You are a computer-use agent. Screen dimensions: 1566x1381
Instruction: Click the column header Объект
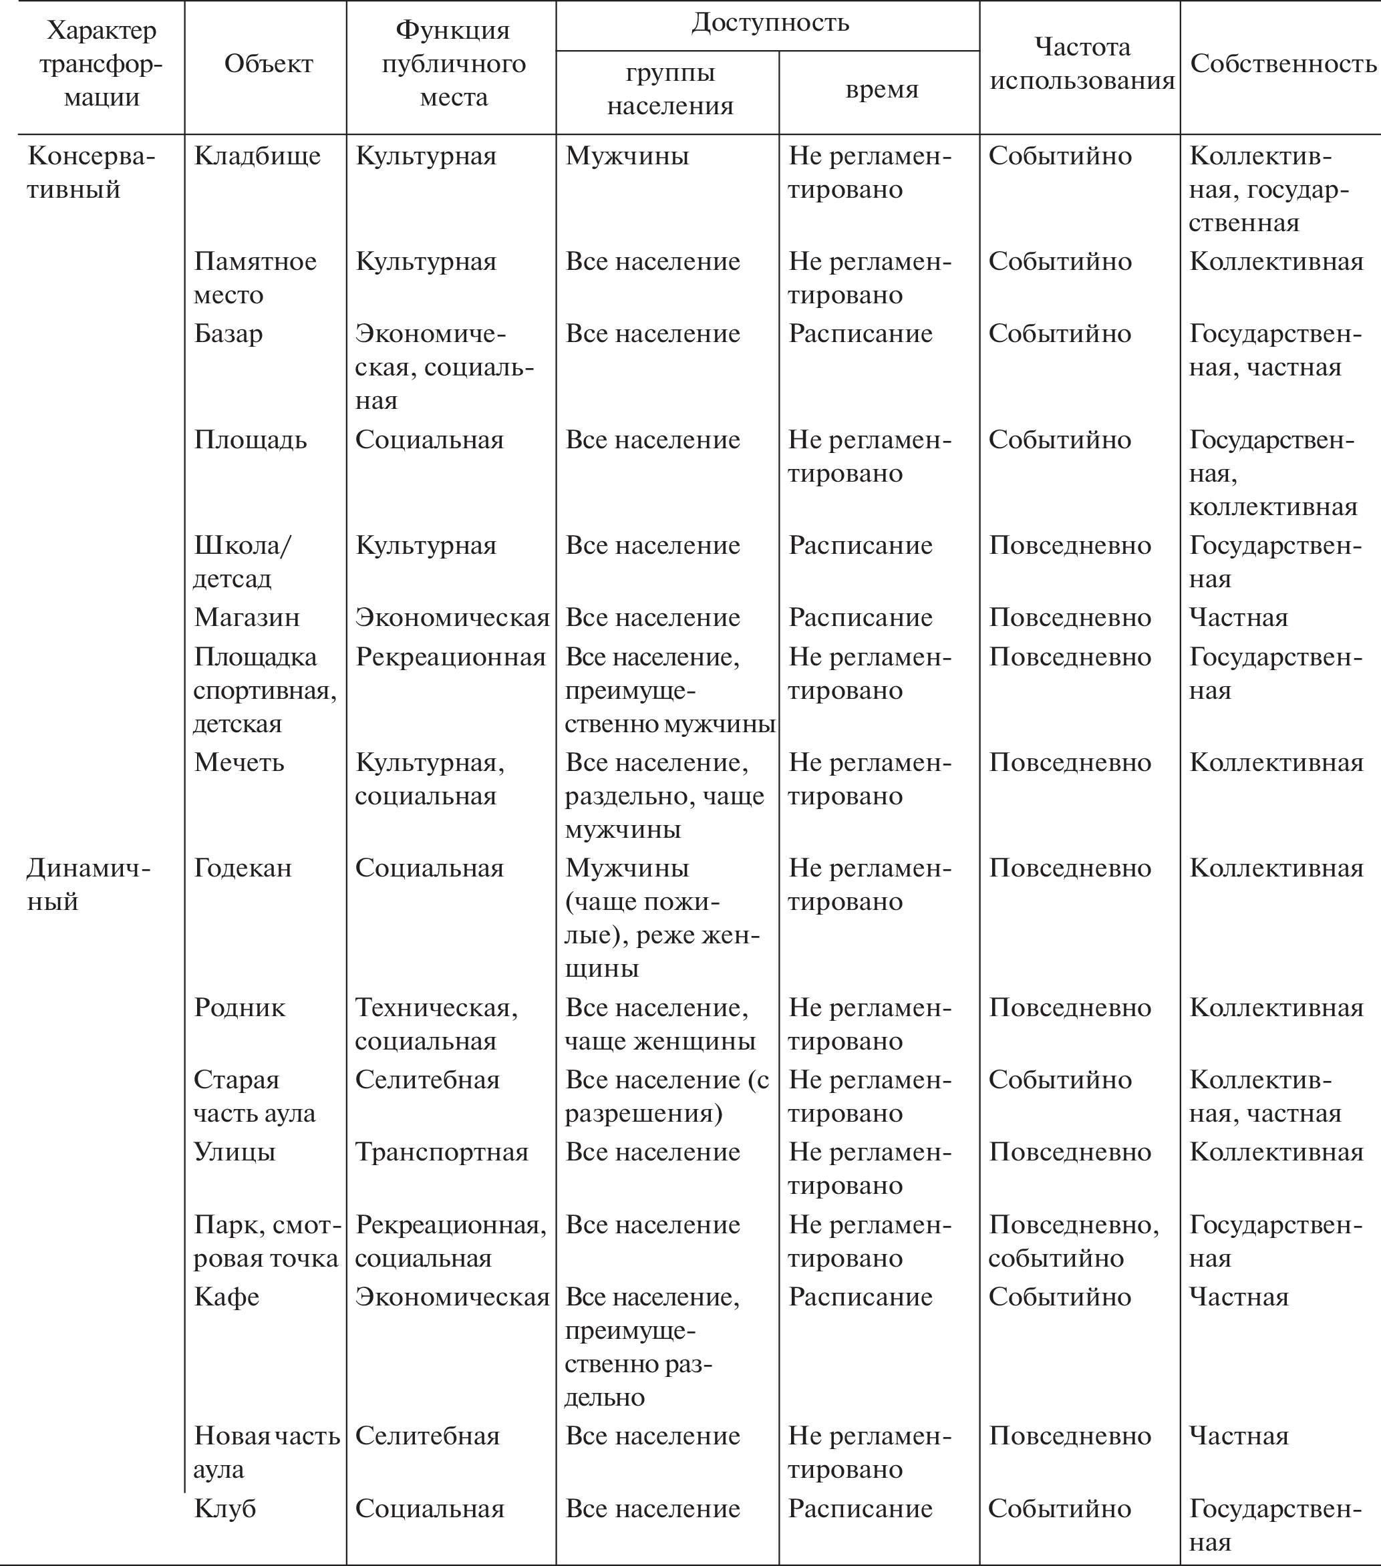(268, 63)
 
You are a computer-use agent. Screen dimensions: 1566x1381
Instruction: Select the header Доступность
(770, 22)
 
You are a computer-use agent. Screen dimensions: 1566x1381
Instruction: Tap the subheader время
(881, 89)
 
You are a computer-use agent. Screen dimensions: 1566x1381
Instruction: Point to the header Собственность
(1283, 63)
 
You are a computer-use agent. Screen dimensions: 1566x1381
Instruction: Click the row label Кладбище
(257, 156)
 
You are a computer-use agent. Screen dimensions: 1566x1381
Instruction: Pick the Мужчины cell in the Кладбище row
(627, 156)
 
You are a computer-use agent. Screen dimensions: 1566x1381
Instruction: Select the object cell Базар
(228, 333)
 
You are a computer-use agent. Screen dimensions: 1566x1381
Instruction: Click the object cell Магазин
(247, 617)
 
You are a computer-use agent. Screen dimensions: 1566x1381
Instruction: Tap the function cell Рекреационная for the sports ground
(450, 657)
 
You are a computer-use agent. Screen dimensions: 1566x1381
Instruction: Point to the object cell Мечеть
(239, 762)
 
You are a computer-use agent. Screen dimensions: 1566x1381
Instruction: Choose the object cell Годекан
(243, 868)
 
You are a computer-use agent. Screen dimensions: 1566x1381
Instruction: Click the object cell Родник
(239, 1007)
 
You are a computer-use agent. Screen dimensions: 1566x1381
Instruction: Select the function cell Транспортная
(442, 1152)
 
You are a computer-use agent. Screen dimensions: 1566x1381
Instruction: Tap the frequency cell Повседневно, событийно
(1073, 1241)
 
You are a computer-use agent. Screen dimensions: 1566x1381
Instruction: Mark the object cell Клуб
(224, 1508)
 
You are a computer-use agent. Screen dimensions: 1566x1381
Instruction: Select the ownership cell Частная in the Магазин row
(1239, 617)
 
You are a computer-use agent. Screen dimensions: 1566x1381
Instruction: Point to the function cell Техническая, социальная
(437, 1024)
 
